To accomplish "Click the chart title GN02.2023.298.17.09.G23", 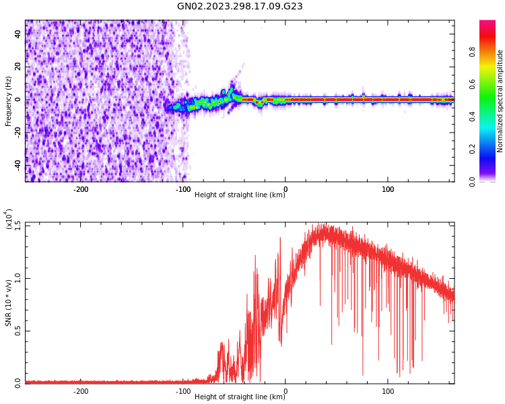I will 240,6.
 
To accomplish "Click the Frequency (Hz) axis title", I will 9,101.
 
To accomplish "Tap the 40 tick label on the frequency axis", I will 18,34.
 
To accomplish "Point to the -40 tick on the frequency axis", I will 17,165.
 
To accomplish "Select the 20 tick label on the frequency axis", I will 18,67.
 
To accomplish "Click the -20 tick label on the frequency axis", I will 17,133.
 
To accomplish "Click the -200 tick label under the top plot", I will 80,189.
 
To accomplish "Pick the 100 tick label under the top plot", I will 388,189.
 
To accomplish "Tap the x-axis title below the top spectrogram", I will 240,195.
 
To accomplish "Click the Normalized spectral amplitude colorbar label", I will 500,101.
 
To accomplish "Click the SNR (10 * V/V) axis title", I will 9,302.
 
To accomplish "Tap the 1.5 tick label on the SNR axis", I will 18,224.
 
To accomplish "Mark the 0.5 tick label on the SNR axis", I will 18,331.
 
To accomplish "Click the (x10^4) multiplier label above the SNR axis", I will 9,220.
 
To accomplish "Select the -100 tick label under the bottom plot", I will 182,391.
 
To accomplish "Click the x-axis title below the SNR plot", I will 240,397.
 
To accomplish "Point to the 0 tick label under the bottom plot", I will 285,391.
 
